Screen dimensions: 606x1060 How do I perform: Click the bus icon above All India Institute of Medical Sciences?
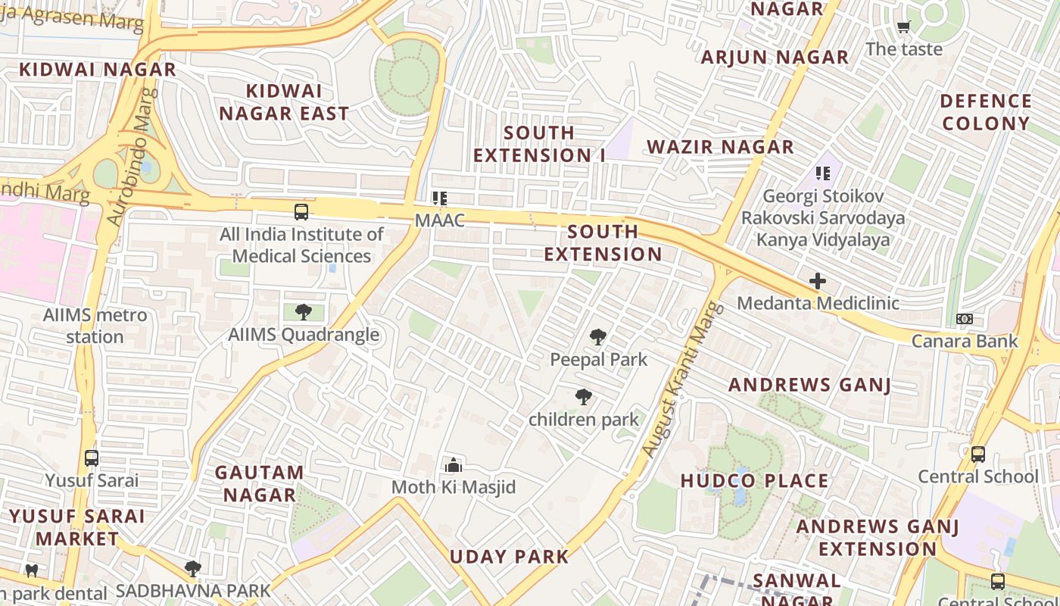click(301, 212)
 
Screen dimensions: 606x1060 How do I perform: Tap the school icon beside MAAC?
click(439, 198)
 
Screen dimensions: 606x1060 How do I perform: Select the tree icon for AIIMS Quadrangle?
click(304, 311)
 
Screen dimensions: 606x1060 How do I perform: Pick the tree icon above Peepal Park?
click(598, 337)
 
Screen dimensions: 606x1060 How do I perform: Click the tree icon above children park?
click(583, 397)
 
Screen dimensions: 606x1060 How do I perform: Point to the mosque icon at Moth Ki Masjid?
click(454, 465)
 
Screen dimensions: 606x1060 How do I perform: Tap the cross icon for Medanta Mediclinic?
click(818, 281)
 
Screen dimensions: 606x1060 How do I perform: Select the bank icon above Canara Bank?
click(964, 319)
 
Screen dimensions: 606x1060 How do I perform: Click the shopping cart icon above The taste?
click(903, 27)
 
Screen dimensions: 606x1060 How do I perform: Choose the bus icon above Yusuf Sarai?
click(92, 458)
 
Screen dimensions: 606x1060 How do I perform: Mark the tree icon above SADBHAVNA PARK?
click(193, 568)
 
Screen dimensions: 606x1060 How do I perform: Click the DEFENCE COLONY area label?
click(986, 112)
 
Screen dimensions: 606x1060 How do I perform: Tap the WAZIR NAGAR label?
click(720, 147)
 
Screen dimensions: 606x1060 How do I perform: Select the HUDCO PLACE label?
click(754, 481)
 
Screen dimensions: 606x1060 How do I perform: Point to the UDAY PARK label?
click(509, 557)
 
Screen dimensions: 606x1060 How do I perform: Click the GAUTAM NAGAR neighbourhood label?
click(259, 483)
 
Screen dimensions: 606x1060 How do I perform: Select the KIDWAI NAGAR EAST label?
click(284, 102)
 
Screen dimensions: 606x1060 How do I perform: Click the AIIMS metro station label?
click(95, 326)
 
